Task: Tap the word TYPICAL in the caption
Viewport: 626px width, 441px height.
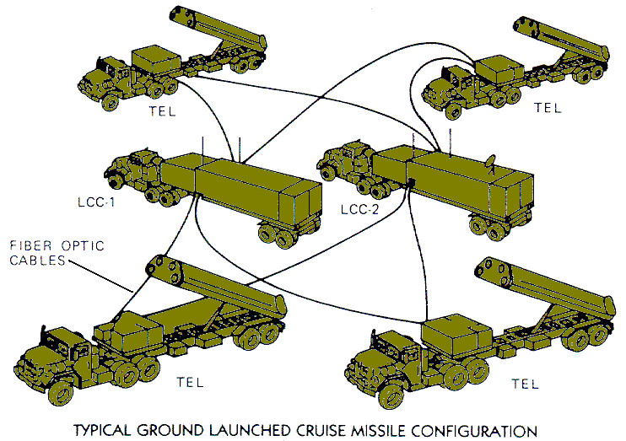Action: click(125, 428)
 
